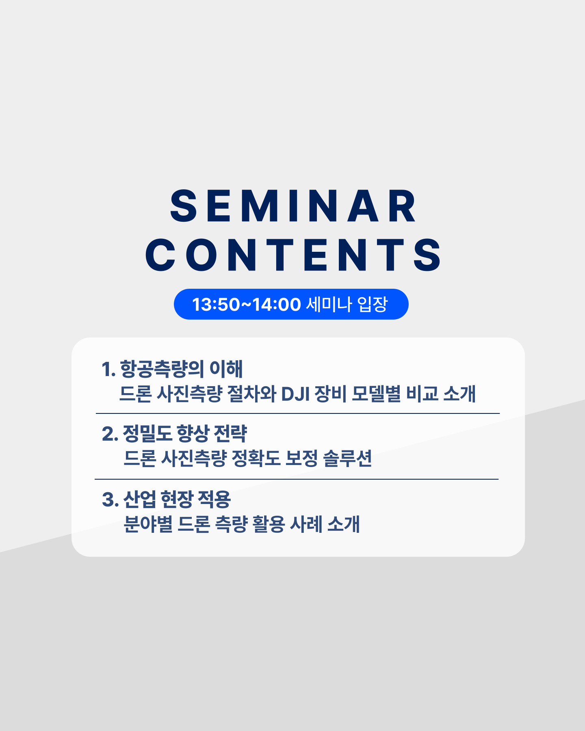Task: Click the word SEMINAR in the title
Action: tap(293, 206)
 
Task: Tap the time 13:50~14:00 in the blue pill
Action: tap(246, 305)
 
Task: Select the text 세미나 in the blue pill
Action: tap(329, 305)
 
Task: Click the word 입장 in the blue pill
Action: tap(373, 305)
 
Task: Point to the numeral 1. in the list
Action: tap(108, 369)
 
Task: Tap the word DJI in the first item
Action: tap(295, 394)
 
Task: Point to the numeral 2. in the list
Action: tap(110, 434)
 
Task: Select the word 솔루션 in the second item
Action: tap(347, 458)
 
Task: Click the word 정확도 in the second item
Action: tap(256, 458)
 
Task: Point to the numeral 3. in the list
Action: tap(110, 500)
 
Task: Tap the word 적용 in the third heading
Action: tap(214, 499)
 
